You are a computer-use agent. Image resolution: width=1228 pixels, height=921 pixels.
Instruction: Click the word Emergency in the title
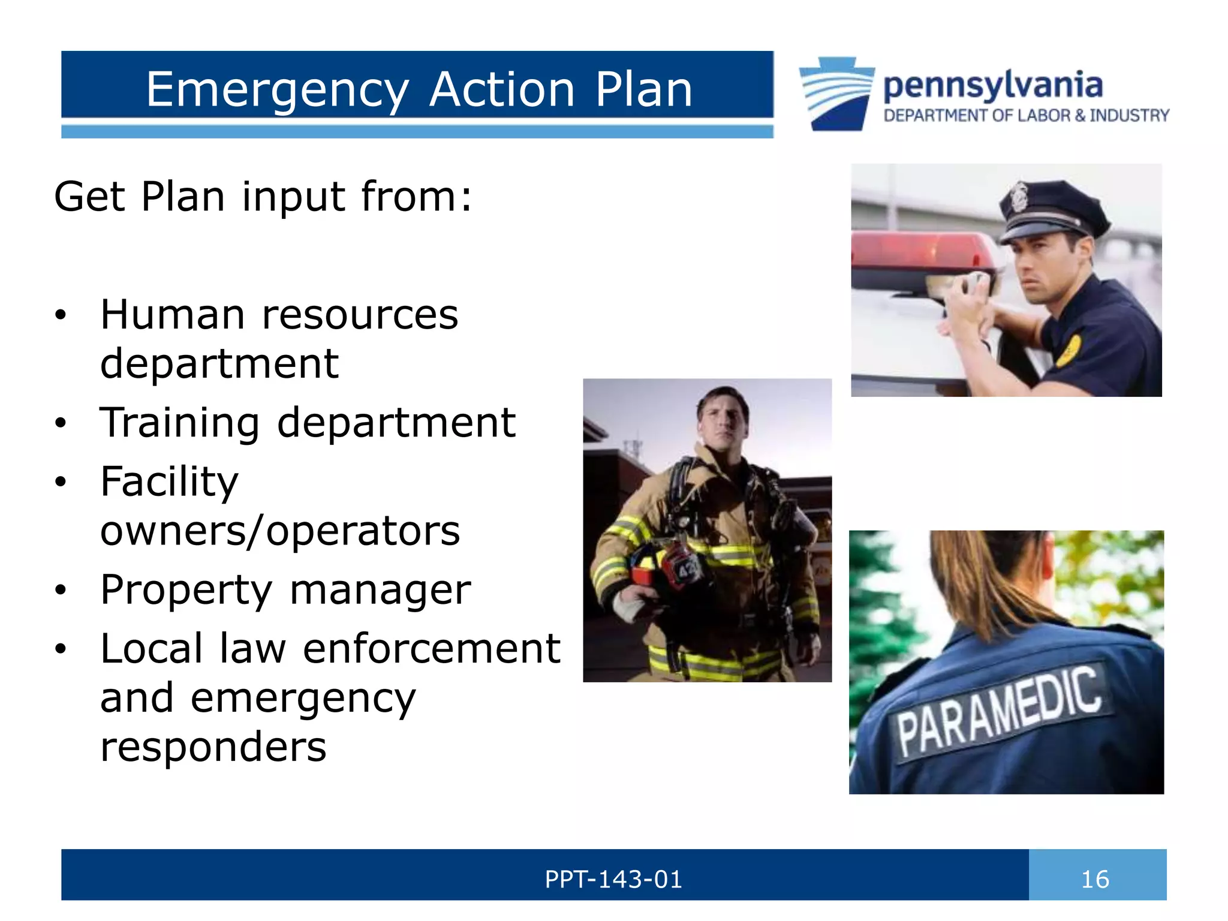coord(278,90)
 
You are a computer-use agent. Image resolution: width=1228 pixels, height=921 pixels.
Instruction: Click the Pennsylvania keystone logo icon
coord(836,93)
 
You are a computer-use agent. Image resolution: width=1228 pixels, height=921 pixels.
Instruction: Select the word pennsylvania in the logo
coord(992,86)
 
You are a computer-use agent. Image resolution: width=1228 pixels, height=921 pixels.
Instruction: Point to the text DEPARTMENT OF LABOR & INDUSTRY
coord(1026,115)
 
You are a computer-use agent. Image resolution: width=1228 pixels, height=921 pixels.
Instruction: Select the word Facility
coord(169,482)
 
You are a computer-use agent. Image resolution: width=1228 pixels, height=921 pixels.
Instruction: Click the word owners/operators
coord(280,531)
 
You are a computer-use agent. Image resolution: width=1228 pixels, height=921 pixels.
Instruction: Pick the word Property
coord(186,591)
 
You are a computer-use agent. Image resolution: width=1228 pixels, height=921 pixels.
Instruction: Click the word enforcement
coord(431,649)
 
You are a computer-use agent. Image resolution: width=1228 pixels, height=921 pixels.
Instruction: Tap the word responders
coord(213,747)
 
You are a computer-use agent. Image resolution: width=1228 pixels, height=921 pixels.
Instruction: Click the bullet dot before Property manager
coord(60,591)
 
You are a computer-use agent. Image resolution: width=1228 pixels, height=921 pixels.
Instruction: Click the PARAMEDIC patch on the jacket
coord(998,714)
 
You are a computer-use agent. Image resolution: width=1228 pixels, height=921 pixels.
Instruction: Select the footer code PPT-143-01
coord(613,880)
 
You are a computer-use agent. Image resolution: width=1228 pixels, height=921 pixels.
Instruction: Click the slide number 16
coord(1095,880)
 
